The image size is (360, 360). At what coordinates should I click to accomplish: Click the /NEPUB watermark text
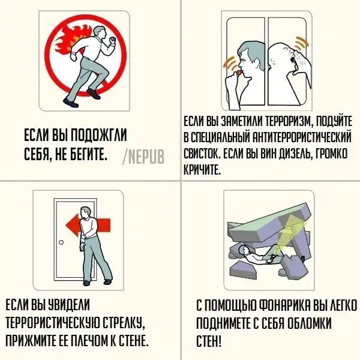143,157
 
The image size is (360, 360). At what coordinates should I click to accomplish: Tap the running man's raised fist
112,40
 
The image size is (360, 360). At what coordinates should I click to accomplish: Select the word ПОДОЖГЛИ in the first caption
98,135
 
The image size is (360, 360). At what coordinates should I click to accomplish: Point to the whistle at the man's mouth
239,73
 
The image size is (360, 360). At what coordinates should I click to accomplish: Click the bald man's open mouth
293,60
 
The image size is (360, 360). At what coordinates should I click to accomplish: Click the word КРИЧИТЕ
202,170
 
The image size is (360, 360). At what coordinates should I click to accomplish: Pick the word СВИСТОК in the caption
202,154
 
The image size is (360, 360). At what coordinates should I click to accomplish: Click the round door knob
61,242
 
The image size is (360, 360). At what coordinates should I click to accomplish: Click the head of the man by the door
86,212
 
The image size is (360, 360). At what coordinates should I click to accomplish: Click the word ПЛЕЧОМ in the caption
84,340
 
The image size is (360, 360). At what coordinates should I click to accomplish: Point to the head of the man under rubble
243,250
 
